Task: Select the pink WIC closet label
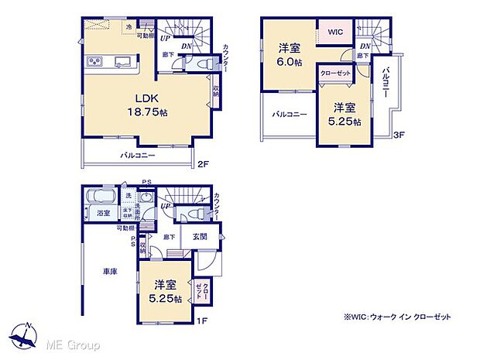point(334,32)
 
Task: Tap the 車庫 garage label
point(109,272)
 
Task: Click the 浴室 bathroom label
point(104,213)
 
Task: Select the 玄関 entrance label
point(200,238)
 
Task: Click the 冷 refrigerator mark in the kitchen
point(129,27)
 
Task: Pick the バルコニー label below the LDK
point(138,155)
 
